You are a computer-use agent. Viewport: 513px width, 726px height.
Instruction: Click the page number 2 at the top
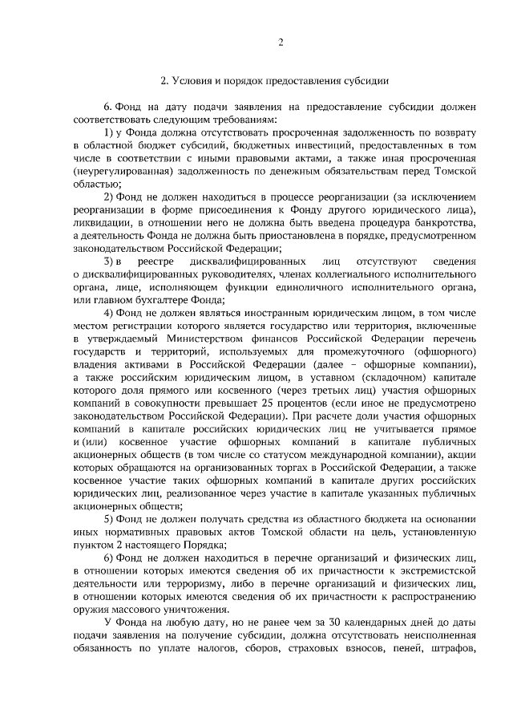tap(281, 42)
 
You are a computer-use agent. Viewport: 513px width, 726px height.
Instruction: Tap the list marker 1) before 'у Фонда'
tap(112, 132)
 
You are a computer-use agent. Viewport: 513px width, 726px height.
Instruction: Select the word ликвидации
tap(99, 223)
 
